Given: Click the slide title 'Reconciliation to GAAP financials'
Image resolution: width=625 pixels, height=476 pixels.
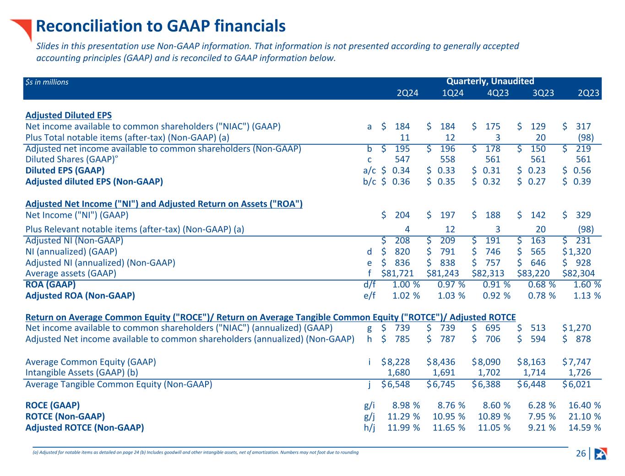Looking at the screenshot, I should [161, 26].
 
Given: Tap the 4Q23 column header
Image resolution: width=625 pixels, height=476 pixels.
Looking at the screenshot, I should [498, 93].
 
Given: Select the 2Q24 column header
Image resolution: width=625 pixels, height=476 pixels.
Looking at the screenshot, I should [407, 93].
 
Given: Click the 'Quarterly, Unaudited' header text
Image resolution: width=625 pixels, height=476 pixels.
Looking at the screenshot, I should [490, 81].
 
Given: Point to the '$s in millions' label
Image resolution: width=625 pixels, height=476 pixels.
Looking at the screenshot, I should [47, 82].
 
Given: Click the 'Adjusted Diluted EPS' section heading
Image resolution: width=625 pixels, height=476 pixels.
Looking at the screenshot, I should [69, 115].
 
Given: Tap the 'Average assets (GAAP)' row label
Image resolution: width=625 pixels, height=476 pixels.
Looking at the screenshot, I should [71, 273].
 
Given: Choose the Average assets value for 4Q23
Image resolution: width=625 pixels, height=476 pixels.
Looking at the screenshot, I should [488, 273].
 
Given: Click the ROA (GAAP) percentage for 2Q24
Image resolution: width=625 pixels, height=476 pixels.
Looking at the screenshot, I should [406, 284].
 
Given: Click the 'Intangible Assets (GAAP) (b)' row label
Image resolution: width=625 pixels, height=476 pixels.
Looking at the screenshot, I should [82, 373].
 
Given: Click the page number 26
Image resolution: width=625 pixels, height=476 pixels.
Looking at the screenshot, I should [581, 454].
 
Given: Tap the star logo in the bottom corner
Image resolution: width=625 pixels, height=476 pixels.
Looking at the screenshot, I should [600, 454].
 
